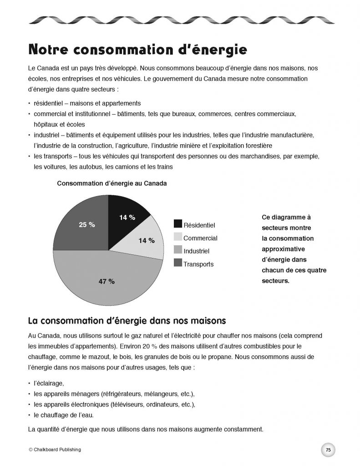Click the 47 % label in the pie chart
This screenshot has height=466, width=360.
[106, 281]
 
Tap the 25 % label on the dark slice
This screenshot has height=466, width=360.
[86, 225]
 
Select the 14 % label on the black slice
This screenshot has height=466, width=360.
[127, 218]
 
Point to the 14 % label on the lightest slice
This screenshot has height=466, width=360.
[147, 240]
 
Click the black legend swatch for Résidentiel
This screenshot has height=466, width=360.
[177, 224]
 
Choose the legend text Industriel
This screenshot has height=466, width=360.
[196, 251]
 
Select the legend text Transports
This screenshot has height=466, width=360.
[198, 264]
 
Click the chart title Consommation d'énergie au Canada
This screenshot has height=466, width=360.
[112, 184]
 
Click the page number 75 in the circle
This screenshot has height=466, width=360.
[328, 449]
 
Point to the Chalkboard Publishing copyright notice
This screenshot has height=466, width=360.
[54, 449]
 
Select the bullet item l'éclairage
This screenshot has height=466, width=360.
[46, 384]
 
